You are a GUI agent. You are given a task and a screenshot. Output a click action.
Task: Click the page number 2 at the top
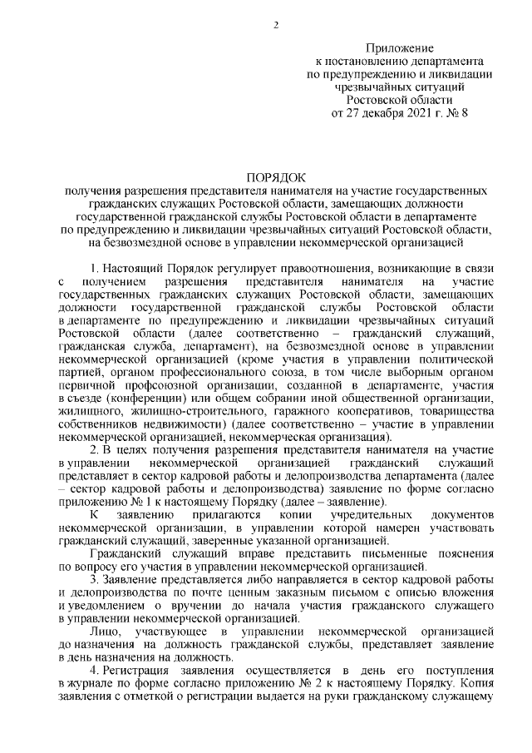pyautogui.click(x=276, y=22)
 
